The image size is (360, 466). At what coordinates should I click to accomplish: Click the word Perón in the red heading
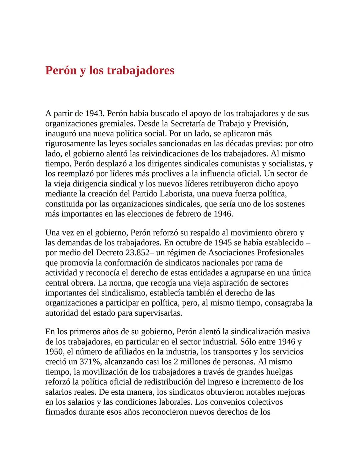[x=61, y=70]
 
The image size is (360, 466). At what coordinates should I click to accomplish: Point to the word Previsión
[x=270, y=123]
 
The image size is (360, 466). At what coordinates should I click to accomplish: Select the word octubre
[x=190, y=243]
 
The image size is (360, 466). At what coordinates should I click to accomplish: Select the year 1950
[x=55, y=352]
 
